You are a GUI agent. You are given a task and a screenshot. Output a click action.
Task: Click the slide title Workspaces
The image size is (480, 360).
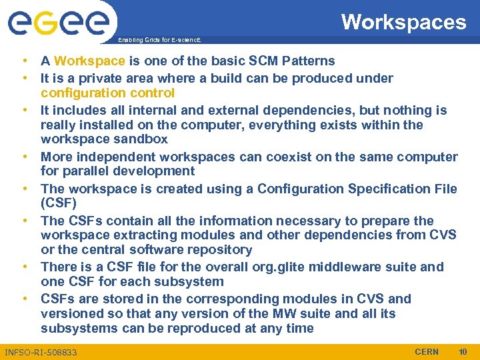pos(403,22)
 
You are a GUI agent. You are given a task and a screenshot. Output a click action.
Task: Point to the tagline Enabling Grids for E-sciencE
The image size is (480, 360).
pos(158,41)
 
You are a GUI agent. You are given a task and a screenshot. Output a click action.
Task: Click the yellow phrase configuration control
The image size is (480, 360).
pos(107,93)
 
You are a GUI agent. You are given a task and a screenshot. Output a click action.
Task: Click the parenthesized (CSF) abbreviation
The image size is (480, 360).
pos(59,203)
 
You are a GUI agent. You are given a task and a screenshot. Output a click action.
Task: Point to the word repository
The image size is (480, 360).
pos(217,250)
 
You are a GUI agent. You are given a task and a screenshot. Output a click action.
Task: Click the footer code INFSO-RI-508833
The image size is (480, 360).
pos(41,352)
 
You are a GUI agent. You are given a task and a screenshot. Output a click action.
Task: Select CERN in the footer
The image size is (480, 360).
pos(427,351)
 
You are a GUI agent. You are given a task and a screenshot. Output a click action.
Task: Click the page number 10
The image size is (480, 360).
pos(463,351)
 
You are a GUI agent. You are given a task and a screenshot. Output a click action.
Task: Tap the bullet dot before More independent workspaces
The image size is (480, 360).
pos(23,157)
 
